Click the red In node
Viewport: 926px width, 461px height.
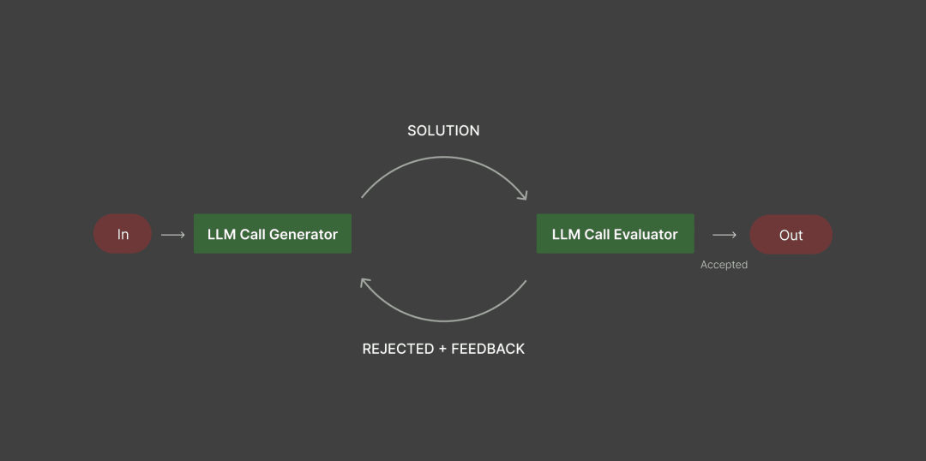coord(123,234)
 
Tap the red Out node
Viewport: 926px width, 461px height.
coord(791,234)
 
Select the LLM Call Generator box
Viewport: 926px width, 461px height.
coord(273,234)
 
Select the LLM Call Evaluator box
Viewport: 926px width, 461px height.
coord(615,234)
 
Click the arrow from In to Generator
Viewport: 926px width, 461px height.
coord(172,235)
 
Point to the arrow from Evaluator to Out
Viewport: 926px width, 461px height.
coord(724,235)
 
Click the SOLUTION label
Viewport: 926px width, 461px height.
coord(443,130)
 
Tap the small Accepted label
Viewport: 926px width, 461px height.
coord(724,265)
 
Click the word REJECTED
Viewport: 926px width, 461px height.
coord(398,349)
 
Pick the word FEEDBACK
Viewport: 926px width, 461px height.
coord(488,349)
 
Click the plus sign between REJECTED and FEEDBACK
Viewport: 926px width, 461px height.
coord(443,349)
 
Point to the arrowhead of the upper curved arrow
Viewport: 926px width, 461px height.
coord(523,196)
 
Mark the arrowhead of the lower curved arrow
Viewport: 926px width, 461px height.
coord(364,283)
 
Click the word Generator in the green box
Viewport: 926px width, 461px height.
coord(304,234)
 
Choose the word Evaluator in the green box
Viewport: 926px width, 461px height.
coord(646,234)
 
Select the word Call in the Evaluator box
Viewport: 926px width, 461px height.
coord(597,234)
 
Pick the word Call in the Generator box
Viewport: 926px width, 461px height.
coord(252,234)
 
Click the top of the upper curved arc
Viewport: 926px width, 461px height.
coord(443,157)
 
